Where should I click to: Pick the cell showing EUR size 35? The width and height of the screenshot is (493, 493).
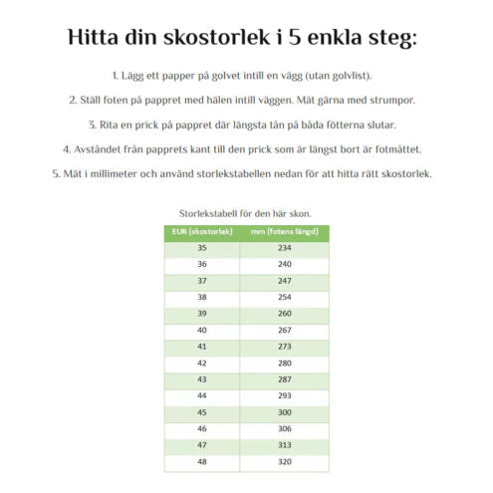(x=202, y=248)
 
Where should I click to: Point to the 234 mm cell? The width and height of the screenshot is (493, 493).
(x=284, y=248)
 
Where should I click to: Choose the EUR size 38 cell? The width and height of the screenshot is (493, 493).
(x=202, y=297)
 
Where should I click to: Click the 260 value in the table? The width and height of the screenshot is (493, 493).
(x=284, y=313)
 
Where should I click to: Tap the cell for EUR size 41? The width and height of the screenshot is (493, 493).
(x=202, y=346)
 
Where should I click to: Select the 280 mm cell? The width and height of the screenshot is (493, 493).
(x=284, y=362)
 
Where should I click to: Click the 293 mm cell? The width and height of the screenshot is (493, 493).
(x=284, y=394)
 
